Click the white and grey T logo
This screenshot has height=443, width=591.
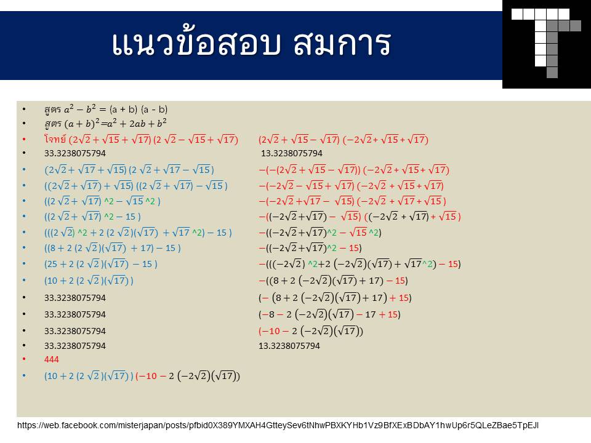click(546, 43)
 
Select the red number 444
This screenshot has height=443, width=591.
click(52, 359)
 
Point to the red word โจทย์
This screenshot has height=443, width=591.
click(55, 140)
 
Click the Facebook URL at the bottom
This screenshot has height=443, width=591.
click(278, 426)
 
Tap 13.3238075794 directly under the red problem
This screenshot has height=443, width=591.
click(292, 153)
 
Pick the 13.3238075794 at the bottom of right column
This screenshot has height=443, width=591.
click(289, 346)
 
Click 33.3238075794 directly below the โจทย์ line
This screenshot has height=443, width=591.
click(75, 153)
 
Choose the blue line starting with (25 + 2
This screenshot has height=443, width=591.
click(100, 264)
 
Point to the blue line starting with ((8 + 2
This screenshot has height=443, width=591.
click(112, 248)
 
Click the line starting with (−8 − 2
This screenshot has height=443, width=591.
click(329, 314)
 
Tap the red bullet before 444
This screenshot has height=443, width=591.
click(24, 359)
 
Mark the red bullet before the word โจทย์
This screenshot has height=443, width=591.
click(24, 140)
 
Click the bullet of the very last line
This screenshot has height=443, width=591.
click(24, 375)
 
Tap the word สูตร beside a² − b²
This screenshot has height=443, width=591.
click(52, 110)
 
